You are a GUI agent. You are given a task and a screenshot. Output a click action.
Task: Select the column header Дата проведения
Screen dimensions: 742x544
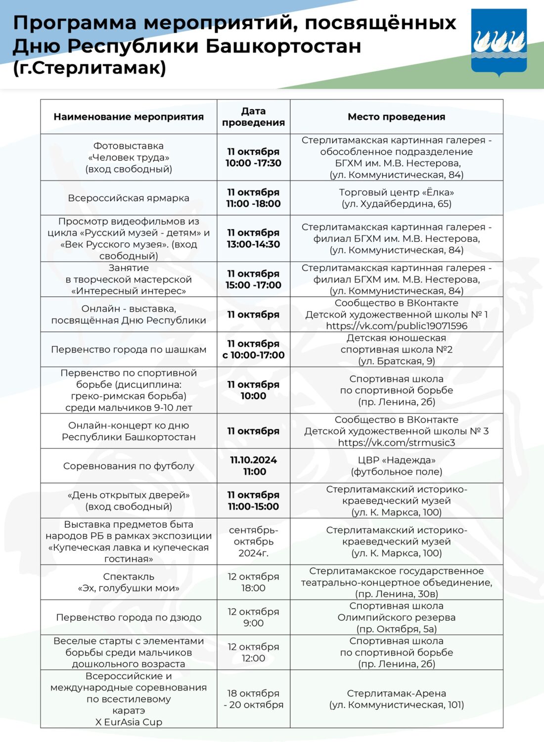[x=253, y=117]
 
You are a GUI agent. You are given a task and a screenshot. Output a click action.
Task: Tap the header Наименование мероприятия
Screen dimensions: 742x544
[x=129, y=117]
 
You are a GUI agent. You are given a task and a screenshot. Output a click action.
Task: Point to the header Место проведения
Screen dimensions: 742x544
[x=396, y=117]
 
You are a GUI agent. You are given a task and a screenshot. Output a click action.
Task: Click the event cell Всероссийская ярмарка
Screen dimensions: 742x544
[x=129, y=198]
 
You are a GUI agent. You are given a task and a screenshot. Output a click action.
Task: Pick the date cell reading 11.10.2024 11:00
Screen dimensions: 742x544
[x=254, y=465]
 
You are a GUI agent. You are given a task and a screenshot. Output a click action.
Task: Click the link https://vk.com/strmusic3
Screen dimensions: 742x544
[x=396, y=443]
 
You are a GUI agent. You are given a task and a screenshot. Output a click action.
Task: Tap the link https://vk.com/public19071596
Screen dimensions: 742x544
[x=396, y=326]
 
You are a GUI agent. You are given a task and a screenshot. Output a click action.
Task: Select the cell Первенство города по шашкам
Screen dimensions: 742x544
[x=129, y=349]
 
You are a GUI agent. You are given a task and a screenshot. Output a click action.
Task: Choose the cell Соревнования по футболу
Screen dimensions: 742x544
[x=129, y=466]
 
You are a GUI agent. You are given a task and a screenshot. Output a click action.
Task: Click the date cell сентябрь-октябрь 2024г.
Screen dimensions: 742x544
[x=253, y=541]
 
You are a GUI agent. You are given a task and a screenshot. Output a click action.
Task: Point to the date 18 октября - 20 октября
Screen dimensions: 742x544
[x=253, y=699]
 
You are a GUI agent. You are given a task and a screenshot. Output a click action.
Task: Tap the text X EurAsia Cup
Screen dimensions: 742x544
[x=129, y=722]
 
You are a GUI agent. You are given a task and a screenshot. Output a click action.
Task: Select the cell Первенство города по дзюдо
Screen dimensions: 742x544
[x=129, y=617]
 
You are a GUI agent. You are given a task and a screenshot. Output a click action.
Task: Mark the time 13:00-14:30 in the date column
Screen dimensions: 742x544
[x=253, y=244]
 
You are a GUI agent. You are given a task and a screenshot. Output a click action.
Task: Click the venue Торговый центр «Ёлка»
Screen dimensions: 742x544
[x=396, y=192]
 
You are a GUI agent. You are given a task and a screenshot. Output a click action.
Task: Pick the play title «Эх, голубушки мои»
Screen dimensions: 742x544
[x=129, y=588]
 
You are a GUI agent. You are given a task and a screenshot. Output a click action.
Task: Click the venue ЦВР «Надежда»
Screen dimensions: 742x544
[x=396, y=460]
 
